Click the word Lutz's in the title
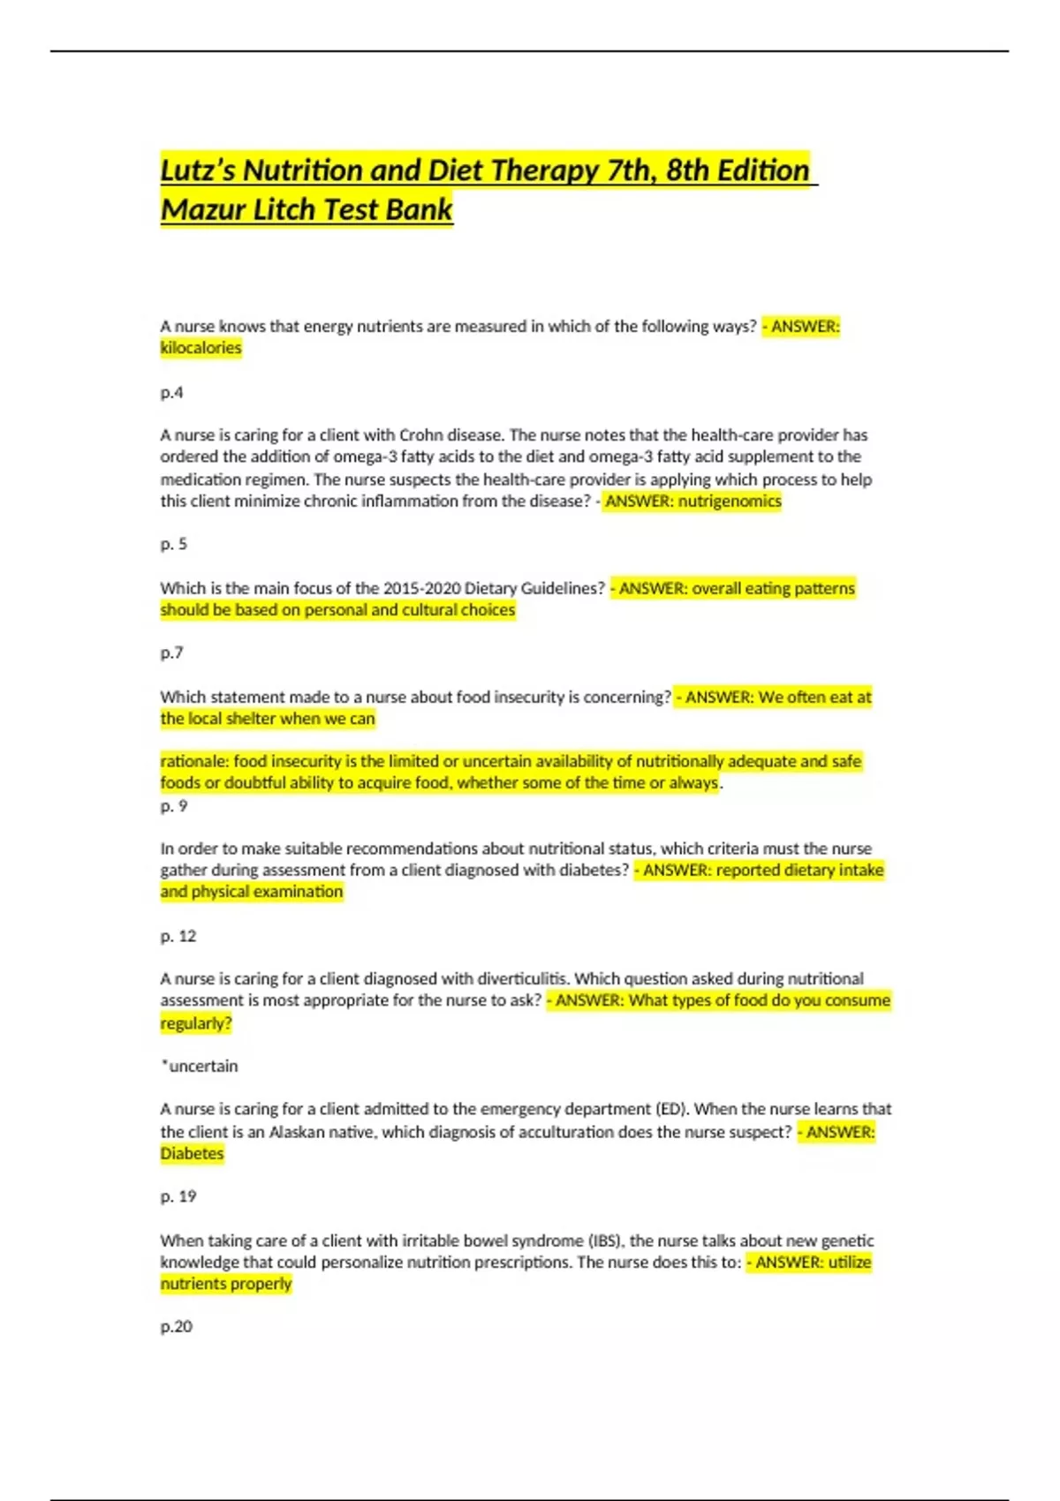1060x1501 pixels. click(197, 170)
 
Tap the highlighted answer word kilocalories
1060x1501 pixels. click(201, 348)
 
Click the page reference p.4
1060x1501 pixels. click(171, 392)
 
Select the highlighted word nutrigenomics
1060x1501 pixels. click(730, 502)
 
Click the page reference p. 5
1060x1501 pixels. click(173, 544)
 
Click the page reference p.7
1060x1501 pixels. click(171, 652)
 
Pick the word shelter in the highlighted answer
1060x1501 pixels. click(251, 719)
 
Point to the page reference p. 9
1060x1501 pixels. click(173, 805)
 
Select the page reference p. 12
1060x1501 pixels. click(178, 936)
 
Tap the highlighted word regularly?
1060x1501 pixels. click(195, 1023)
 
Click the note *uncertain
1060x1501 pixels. click(200, 1066)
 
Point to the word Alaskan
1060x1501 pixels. click(301, 1132)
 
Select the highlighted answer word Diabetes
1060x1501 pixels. click(192, 1153)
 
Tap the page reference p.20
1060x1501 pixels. click(176, 1326)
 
